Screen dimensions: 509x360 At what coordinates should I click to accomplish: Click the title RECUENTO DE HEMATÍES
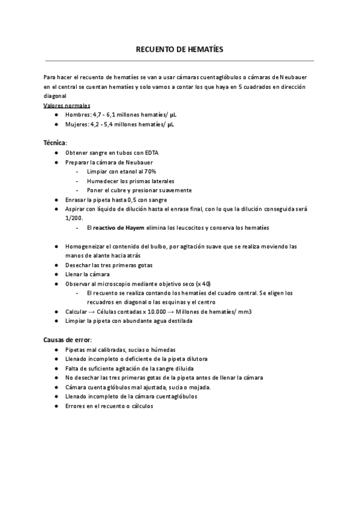(179, 50)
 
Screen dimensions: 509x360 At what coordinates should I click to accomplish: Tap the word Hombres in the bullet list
(77, 115)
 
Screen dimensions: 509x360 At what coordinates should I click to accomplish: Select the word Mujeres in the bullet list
(76, 124)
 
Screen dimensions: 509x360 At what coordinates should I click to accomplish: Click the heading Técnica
(55, 143)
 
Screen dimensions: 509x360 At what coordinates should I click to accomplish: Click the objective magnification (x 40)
(202, 283)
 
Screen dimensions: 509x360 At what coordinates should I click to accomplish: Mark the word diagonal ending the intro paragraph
(55, 96)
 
